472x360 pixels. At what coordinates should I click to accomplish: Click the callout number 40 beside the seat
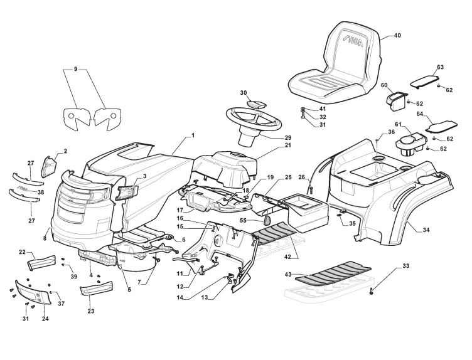click(397, 36)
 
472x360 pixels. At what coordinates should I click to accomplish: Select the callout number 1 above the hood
click(194, 135)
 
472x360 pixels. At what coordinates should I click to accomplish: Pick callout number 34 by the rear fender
click(426, 230)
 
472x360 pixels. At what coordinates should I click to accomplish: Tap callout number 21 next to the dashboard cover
click(271, 145)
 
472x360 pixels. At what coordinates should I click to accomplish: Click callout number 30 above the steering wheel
click(244, 92)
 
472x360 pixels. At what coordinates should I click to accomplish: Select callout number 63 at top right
click(440, 67)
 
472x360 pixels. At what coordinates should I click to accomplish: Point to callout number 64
click(421, 114)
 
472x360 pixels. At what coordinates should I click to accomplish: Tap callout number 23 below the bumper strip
click(92, 311)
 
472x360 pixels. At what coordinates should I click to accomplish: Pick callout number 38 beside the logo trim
click(41, 192)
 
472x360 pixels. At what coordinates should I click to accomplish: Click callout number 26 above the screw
click(302, 177)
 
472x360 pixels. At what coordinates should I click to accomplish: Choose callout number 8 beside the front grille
click(45, 238)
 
